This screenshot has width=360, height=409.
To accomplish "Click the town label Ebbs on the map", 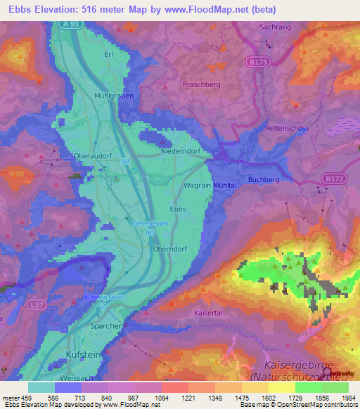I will click(179, 209).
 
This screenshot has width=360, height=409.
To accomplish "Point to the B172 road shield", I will click(333, 179).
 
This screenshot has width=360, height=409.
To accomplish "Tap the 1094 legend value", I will click(161, 398).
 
